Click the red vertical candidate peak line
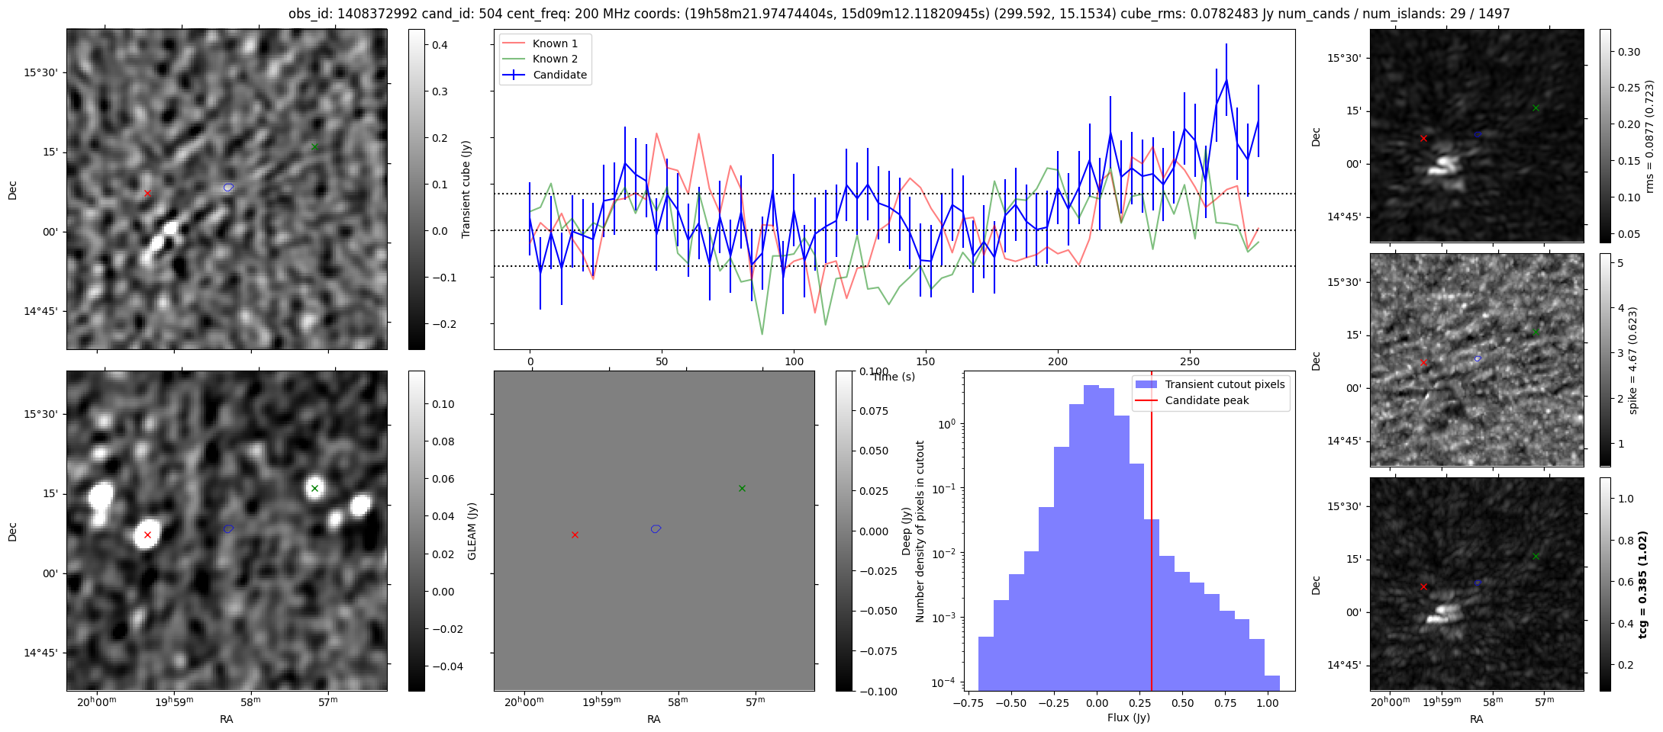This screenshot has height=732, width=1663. [x=1152, y=534]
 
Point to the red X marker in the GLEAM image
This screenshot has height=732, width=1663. [x=147, y=535]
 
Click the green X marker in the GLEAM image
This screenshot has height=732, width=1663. [x=314, y=488]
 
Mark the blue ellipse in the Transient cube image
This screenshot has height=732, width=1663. [x=228, y=188]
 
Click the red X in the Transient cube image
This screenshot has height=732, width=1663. [x=147, y=193]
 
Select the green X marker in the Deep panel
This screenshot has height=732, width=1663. [x=742, y=488]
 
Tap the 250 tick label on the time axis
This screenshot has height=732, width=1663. [x=1190, y=361]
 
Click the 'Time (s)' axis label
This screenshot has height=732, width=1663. [x=894, y=377]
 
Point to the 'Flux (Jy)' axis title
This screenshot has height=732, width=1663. [x=1129, y=718]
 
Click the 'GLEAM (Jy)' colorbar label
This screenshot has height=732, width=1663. [x=472, y=531]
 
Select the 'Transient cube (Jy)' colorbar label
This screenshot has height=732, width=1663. [x=466, y=189]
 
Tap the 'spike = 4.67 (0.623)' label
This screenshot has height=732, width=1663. [x=1633, y=360]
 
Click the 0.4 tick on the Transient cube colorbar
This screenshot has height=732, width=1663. [x=440, y=45]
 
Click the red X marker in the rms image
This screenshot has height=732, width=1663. [x=1423, y=138]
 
